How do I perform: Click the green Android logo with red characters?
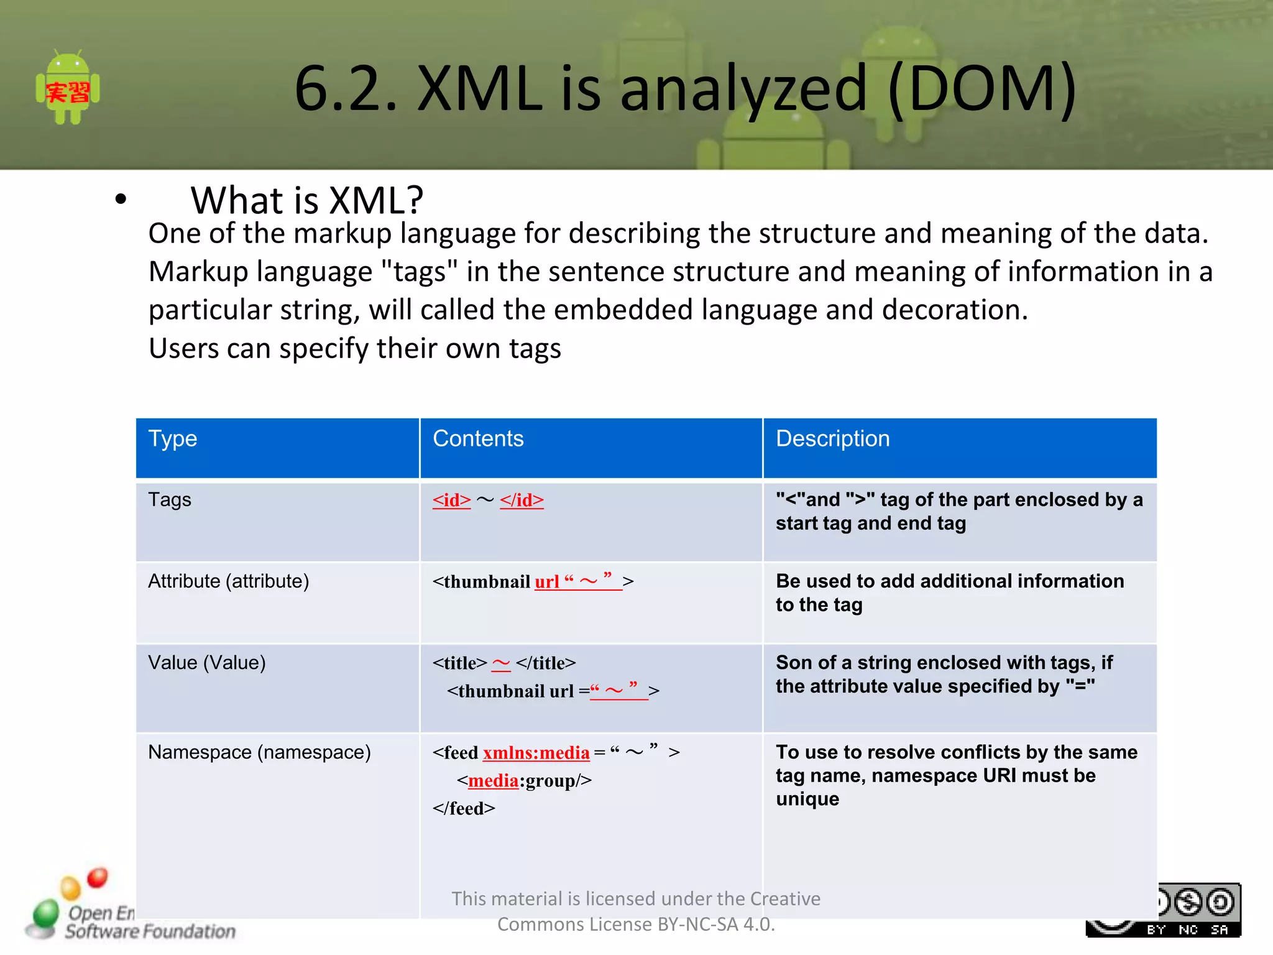tap(68, 88)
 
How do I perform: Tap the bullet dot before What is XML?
tap(121, 200)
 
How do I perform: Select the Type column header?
tap(172, 439)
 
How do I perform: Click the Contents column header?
tap(478, 439)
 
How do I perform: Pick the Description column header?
tap(832, 439)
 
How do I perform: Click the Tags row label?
tap(169, 500)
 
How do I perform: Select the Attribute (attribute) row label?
tap(228, 581)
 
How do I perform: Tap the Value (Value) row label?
tap(206, 663)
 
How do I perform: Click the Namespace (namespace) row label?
tap(259, 752)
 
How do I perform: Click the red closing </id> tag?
tap(522, 501)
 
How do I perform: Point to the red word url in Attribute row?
tap(547, 582)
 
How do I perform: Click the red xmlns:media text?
tap(536, 753)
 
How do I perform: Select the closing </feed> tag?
tap(464, 809)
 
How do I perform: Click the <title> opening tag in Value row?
tap(459, 663)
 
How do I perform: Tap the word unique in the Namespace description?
tap(807, 800)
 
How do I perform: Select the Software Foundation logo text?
tap(150, 931)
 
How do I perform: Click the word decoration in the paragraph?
tap(952, 310)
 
